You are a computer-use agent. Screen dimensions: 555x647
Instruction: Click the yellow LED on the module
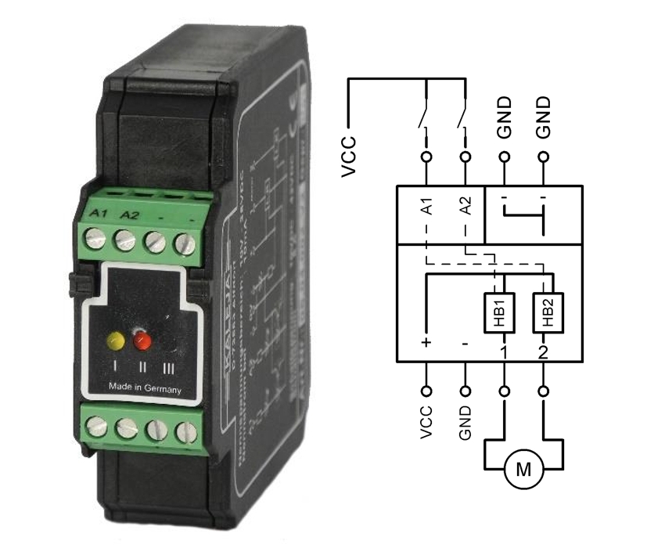(x=116, y=340)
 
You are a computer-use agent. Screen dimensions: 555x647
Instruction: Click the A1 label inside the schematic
(x=427, y=207)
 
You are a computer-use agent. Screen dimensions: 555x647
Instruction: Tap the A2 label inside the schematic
(x=465, y=207)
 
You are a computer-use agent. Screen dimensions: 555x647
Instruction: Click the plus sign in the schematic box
(x=426, y=343)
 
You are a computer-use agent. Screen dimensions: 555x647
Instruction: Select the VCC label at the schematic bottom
(x=426, y=423)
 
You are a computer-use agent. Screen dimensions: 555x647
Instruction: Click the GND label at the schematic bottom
(x=465, y=423)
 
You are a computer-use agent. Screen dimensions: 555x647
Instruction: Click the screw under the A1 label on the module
(x=95, y=239)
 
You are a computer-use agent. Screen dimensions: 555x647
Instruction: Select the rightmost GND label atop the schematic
(x=544, y=117)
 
